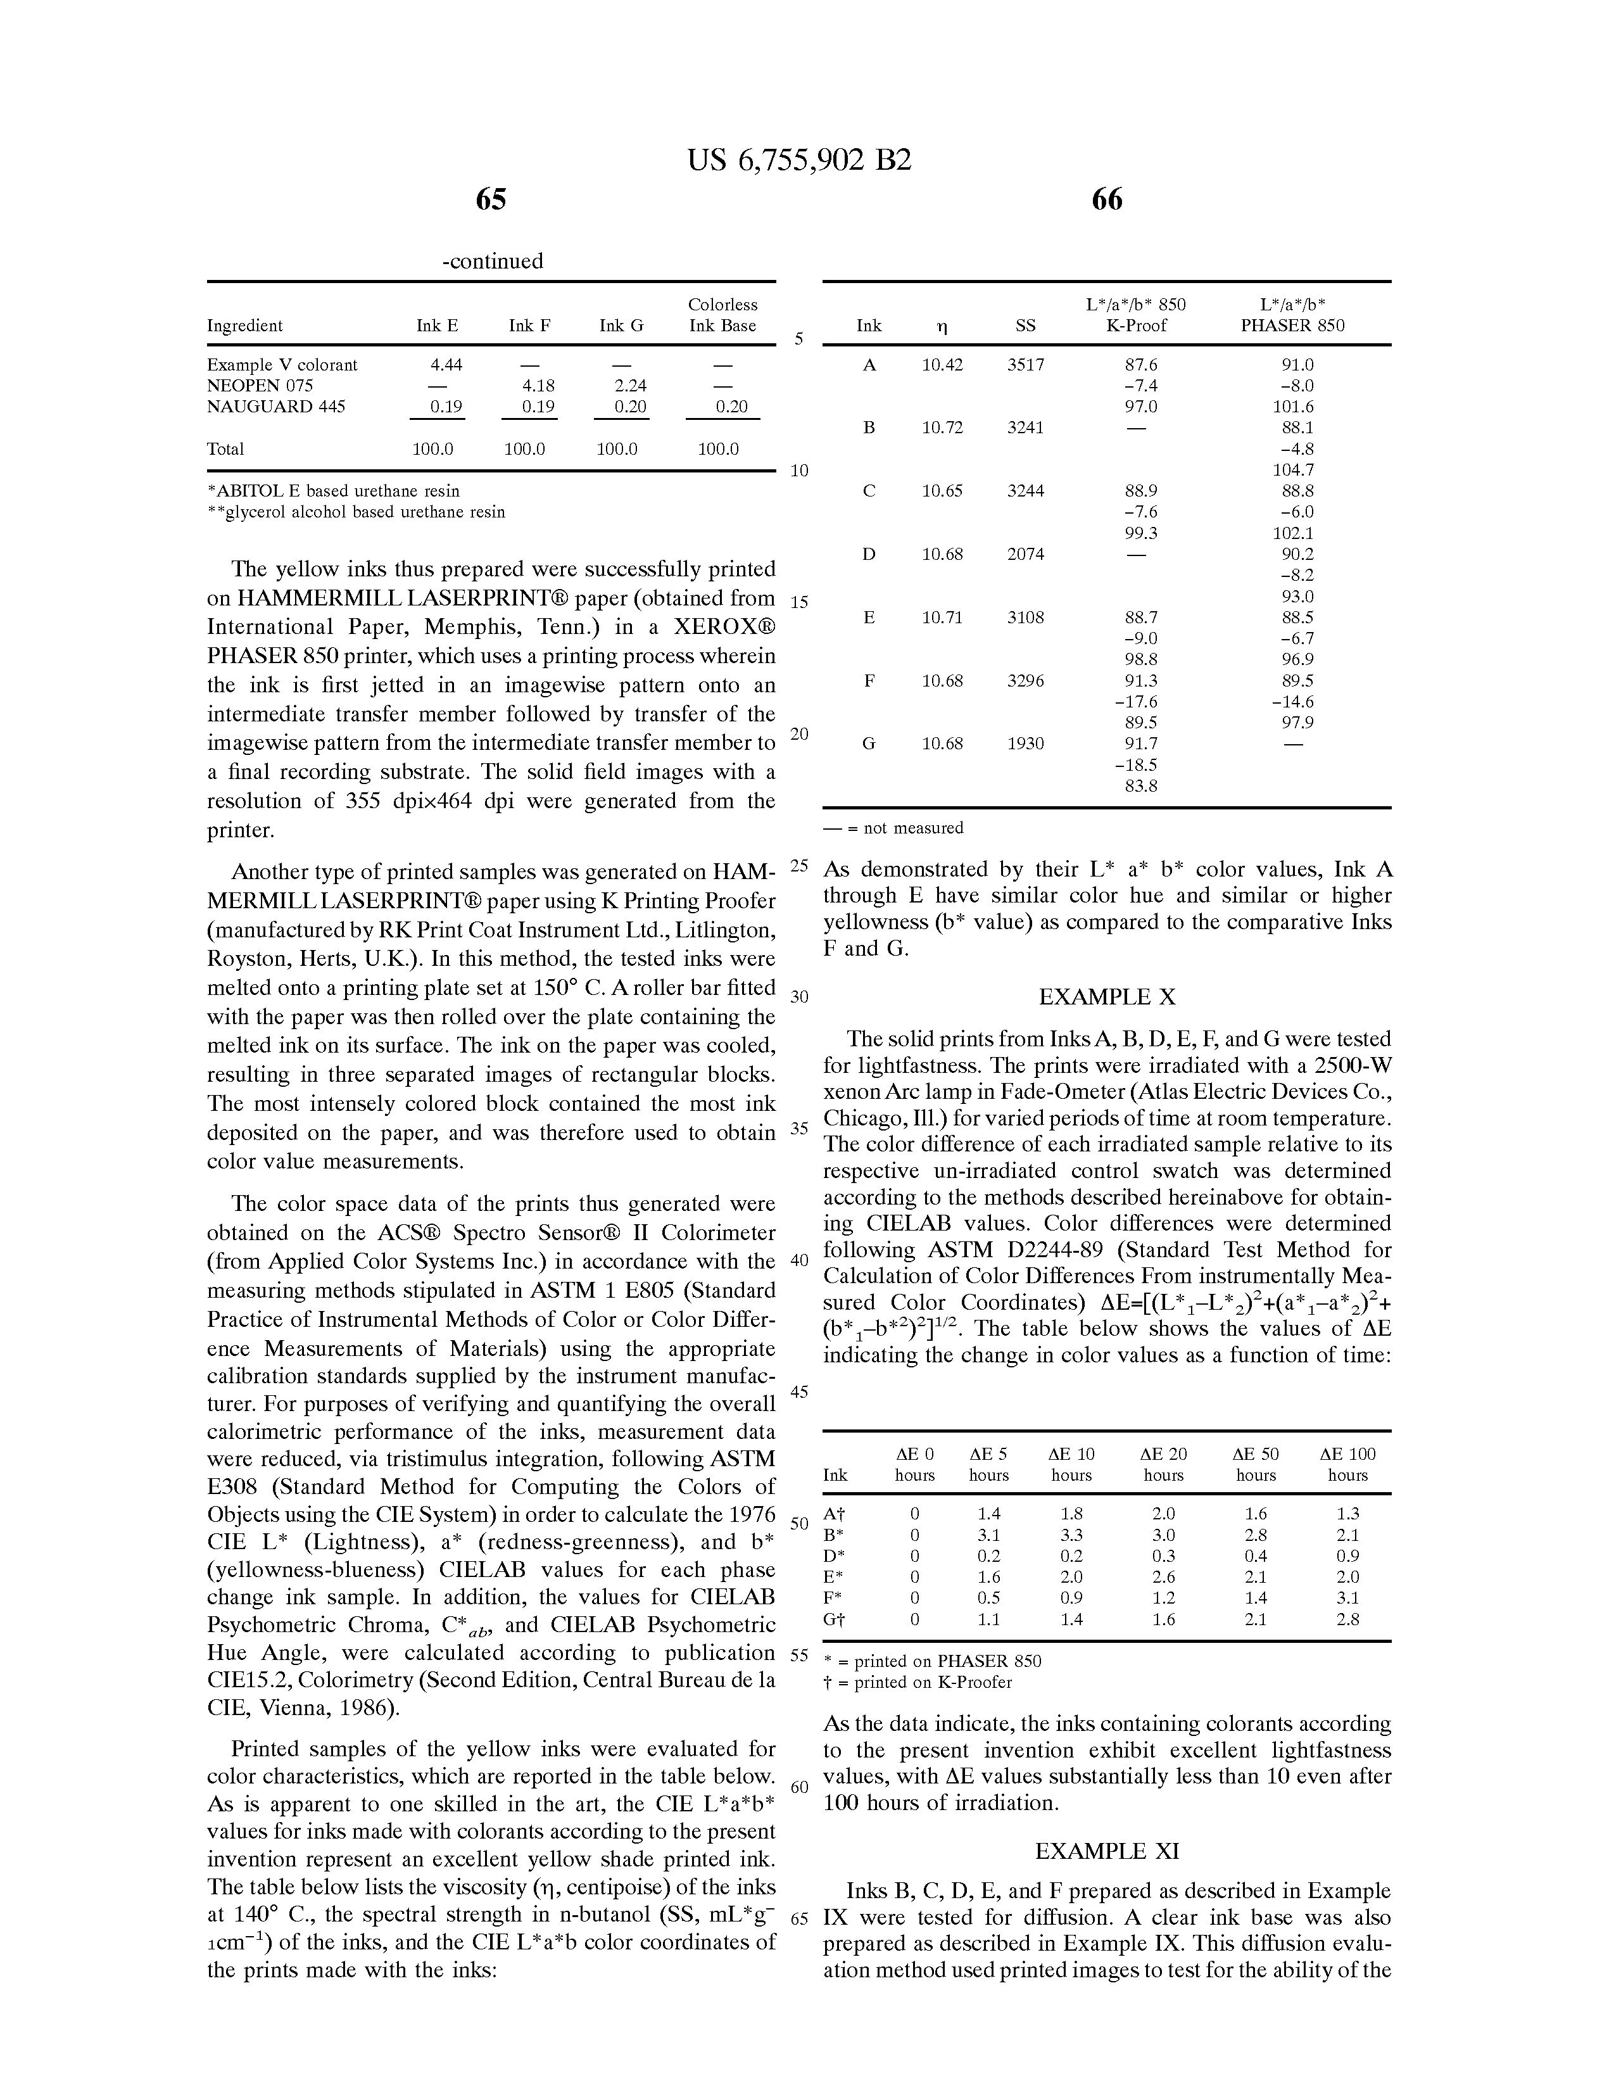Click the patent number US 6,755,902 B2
[x=799, y=160]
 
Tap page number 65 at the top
[x=491, y=200]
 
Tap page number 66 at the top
[x=1106, y=200]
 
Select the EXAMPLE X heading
[x=1106, y=997]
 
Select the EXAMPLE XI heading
[x=1106, y=1851]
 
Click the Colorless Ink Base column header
[x=722, y=315]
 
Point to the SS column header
[x=1025, y=326]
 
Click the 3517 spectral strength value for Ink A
[x=1025, y=365]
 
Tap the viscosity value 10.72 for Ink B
[x=942, y=427]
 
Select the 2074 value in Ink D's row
[x=1025, y=554]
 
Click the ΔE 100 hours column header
[x=1347, y=1464]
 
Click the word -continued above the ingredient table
[x=492, y=261]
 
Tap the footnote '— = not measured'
[x=893, y=828]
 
